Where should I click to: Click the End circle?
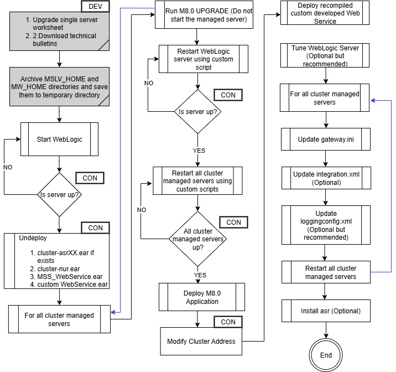[x=326, y=355]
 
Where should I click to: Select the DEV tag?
[x=95, y=7]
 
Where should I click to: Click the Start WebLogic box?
[x=59, y=139]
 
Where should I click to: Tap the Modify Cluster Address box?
[x=201, y=341]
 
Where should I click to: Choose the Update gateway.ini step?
[x=325, y=139]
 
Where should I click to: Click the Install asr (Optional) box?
[x=330, y=311]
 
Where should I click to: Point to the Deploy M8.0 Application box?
[x=201, y=297]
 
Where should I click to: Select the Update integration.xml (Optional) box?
[x=326, y=178]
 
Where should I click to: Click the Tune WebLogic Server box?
[x=325, y=56]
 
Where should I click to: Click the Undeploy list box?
[x=62, y=261]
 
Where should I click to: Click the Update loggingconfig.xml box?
[x=325, y=225]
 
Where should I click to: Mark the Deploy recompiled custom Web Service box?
[x=325, y=13]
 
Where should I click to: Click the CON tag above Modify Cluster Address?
[x=228, y=322]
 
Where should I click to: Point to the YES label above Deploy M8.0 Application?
[x=200, y=275]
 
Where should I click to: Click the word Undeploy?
[x=33, y=237]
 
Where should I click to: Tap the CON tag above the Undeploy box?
[x=95, y=228]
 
